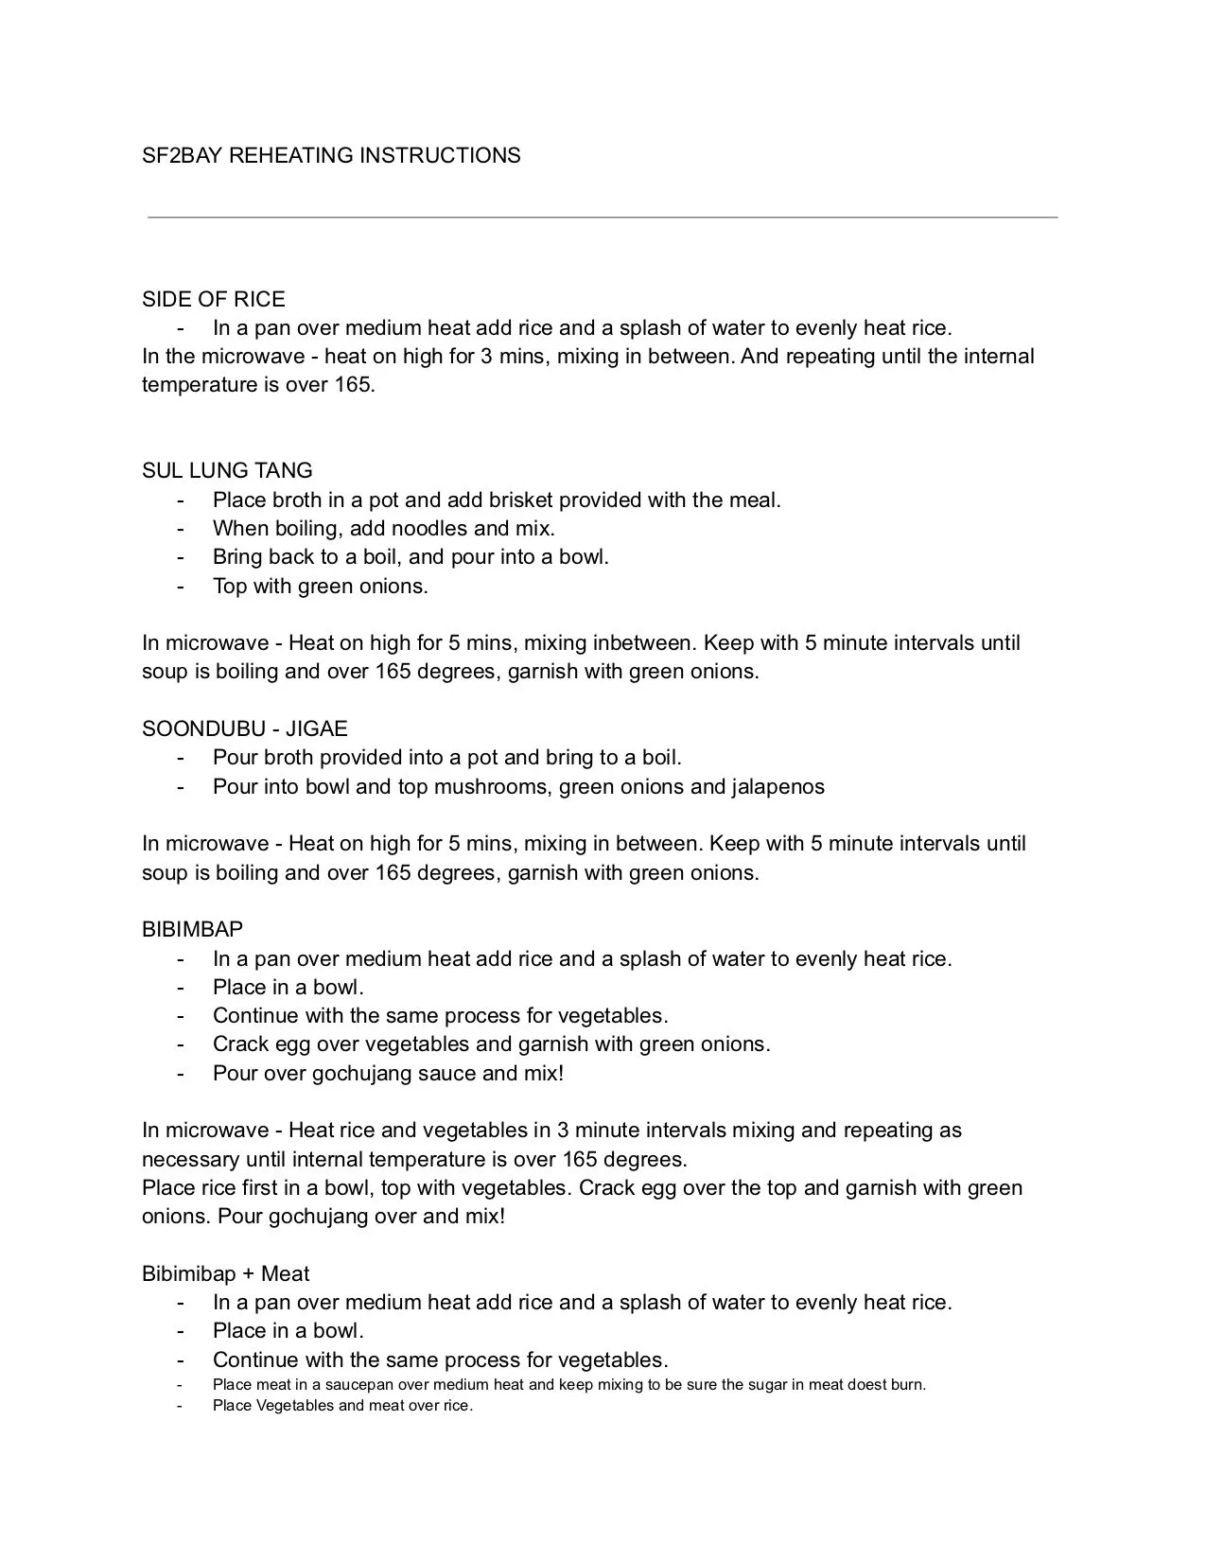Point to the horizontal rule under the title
click(x=603, y=218)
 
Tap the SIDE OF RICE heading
click(x=213, y=299)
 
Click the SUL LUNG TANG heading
click(x=227, y=470)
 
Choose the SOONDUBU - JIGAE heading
click(x=245, y=728)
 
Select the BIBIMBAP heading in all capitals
click(x=192, y=929)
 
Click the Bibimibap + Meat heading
click(x=226, y=1273)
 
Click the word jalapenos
click(x=778, y=786)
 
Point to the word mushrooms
click(x=493, y=786)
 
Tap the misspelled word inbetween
click(x=643, y=643)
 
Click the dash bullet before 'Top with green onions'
click(x=180, y=586)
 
